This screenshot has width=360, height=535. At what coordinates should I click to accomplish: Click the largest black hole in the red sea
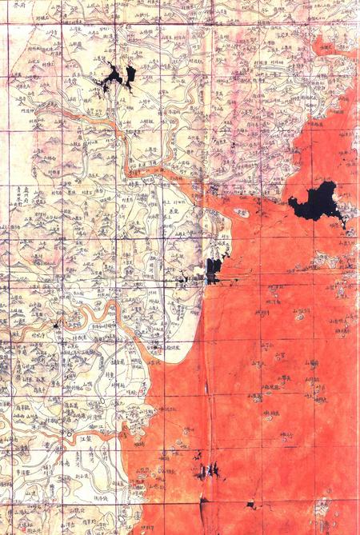318,202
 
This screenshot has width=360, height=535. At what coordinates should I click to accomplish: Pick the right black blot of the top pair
130,74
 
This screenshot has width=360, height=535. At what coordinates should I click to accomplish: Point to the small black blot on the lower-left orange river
56,325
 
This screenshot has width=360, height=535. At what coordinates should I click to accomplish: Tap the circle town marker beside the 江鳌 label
70,436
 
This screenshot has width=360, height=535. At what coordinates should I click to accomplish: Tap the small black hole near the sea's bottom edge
250,505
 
